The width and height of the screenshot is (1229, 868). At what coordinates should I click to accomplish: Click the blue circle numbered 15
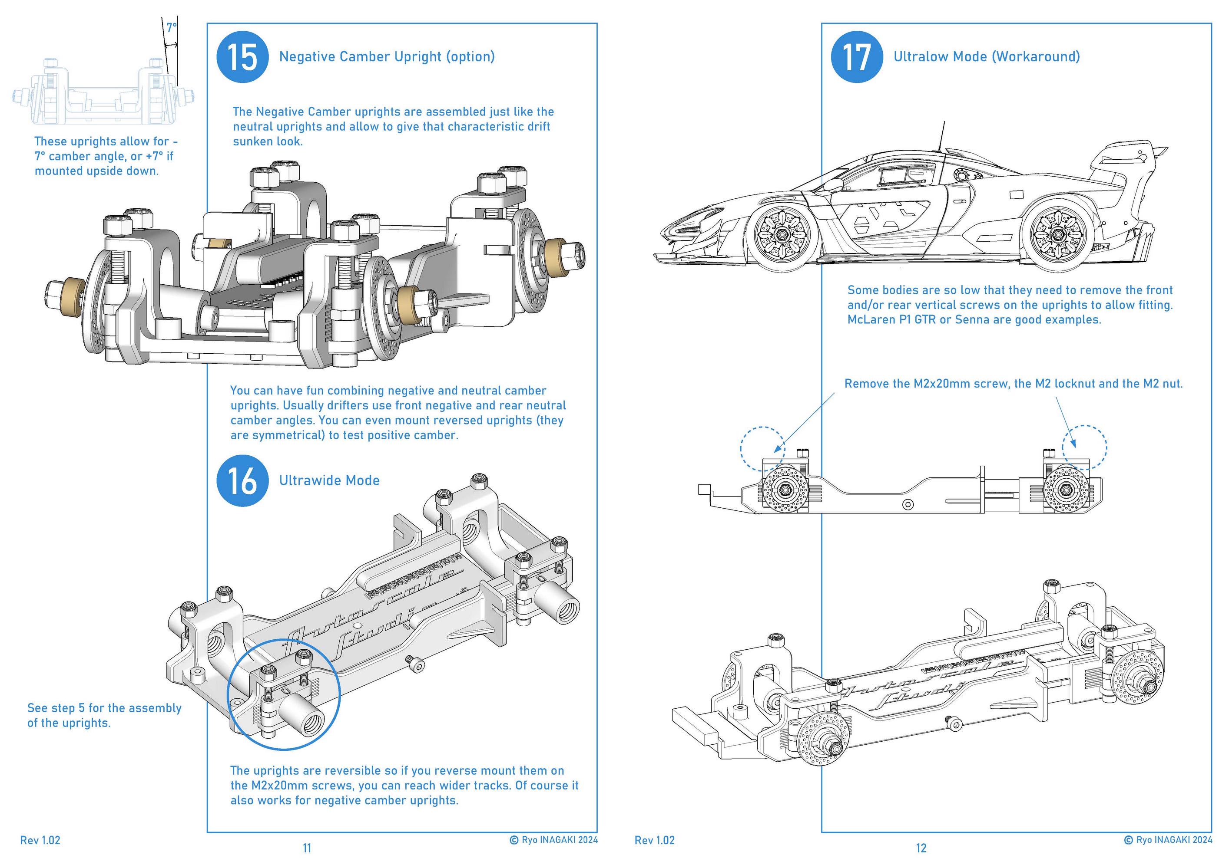242,57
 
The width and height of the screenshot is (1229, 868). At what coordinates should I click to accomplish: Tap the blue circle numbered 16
242,481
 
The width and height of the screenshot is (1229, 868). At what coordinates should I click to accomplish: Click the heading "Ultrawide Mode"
329,480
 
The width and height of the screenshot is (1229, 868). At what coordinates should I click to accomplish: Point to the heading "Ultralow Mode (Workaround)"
987,57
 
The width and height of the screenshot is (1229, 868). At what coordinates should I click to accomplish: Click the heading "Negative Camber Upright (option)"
387,57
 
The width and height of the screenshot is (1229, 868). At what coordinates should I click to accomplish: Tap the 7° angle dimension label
171,28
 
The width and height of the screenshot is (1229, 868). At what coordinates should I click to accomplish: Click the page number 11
307,848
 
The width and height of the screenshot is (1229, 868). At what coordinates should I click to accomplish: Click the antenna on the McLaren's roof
941,137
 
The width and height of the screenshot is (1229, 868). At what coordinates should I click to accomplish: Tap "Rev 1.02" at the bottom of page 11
40,840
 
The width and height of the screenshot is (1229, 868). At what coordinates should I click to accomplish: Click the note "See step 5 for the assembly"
104,708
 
